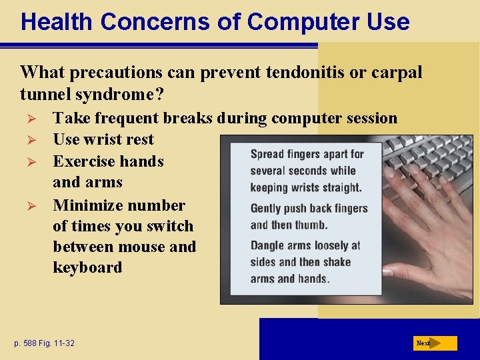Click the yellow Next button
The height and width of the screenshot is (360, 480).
click(x=435, y=343)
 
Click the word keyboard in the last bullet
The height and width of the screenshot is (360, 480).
click(x=87, y=268)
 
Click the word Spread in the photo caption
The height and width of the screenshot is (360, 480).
click(x=267, y=154)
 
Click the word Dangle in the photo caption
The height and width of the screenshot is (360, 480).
click(x=268, y=245)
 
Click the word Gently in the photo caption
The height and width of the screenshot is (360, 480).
click(x=267, y=208)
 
